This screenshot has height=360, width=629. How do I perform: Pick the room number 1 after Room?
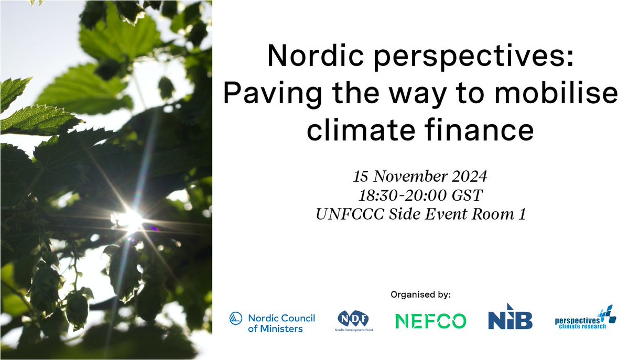tap(521, 215)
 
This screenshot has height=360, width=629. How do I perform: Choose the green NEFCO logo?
tap(430, 321)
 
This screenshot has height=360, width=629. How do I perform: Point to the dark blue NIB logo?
tap(510, 318)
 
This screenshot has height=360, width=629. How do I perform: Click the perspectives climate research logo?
tap(584, 318)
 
